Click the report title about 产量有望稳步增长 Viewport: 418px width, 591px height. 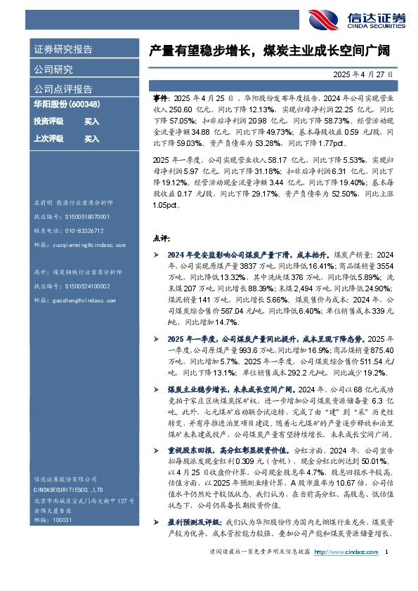[x=269, y=51]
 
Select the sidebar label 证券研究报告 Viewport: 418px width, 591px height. [x=64, y=50]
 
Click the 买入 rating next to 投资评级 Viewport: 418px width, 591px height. [x=92, y=121]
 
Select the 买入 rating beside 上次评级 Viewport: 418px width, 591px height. [x=92, y=139]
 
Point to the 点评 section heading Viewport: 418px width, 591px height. [x=162, y=238]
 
